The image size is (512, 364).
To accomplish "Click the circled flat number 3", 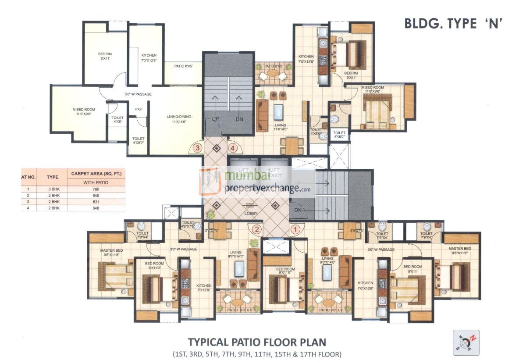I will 198,148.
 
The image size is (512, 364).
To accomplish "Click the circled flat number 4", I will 233,148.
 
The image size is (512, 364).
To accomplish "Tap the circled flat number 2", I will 257,228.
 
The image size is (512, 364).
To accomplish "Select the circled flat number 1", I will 295,228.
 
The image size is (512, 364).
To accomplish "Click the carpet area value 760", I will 96,189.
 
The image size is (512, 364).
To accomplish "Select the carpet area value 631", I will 96,202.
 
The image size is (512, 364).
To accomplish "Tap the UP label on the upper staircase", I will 216,119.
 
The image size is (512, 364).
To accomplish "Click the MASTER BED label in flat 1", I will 459,251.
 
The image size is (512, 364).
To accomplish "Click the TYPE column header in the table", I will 53,178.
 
